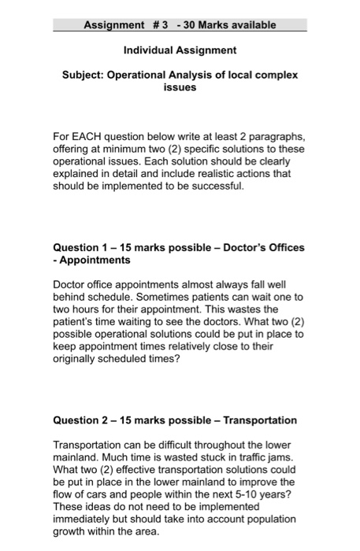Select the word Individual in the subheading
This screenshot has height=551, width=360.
pos(150,50)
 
